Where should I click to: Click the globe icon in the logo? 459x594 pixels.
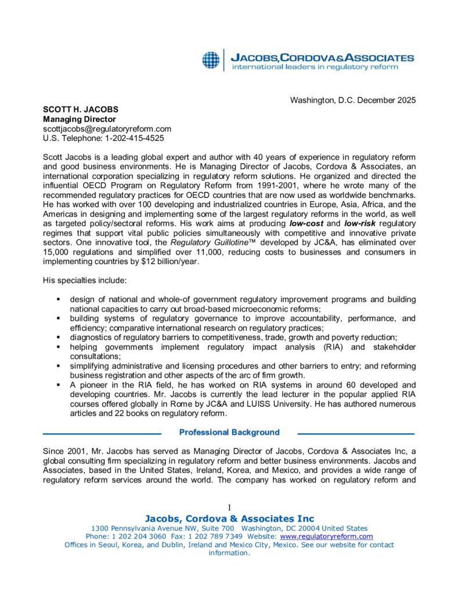coord(211,59)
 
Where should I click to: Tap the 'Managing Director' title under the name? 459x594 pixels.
coord(79,119)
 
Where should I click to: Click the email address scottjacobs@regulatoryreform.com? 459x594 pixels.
coord(107,129)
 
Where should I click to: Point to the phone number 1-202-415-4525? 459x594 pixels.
coord(133,138)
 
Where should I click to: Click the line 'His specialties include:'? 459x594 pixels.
coord(85,281)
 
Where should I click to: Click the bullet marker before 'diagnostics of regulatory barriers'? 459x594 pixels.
coord(58,338)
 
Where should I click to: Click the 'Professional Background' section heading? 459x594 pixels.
coord(229,432)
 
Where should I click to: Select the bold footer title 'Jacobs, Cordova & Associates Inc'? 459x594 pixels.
coord(229,519)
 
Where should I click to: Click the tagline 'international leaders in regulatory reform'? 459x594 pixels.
coord(315,67)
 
